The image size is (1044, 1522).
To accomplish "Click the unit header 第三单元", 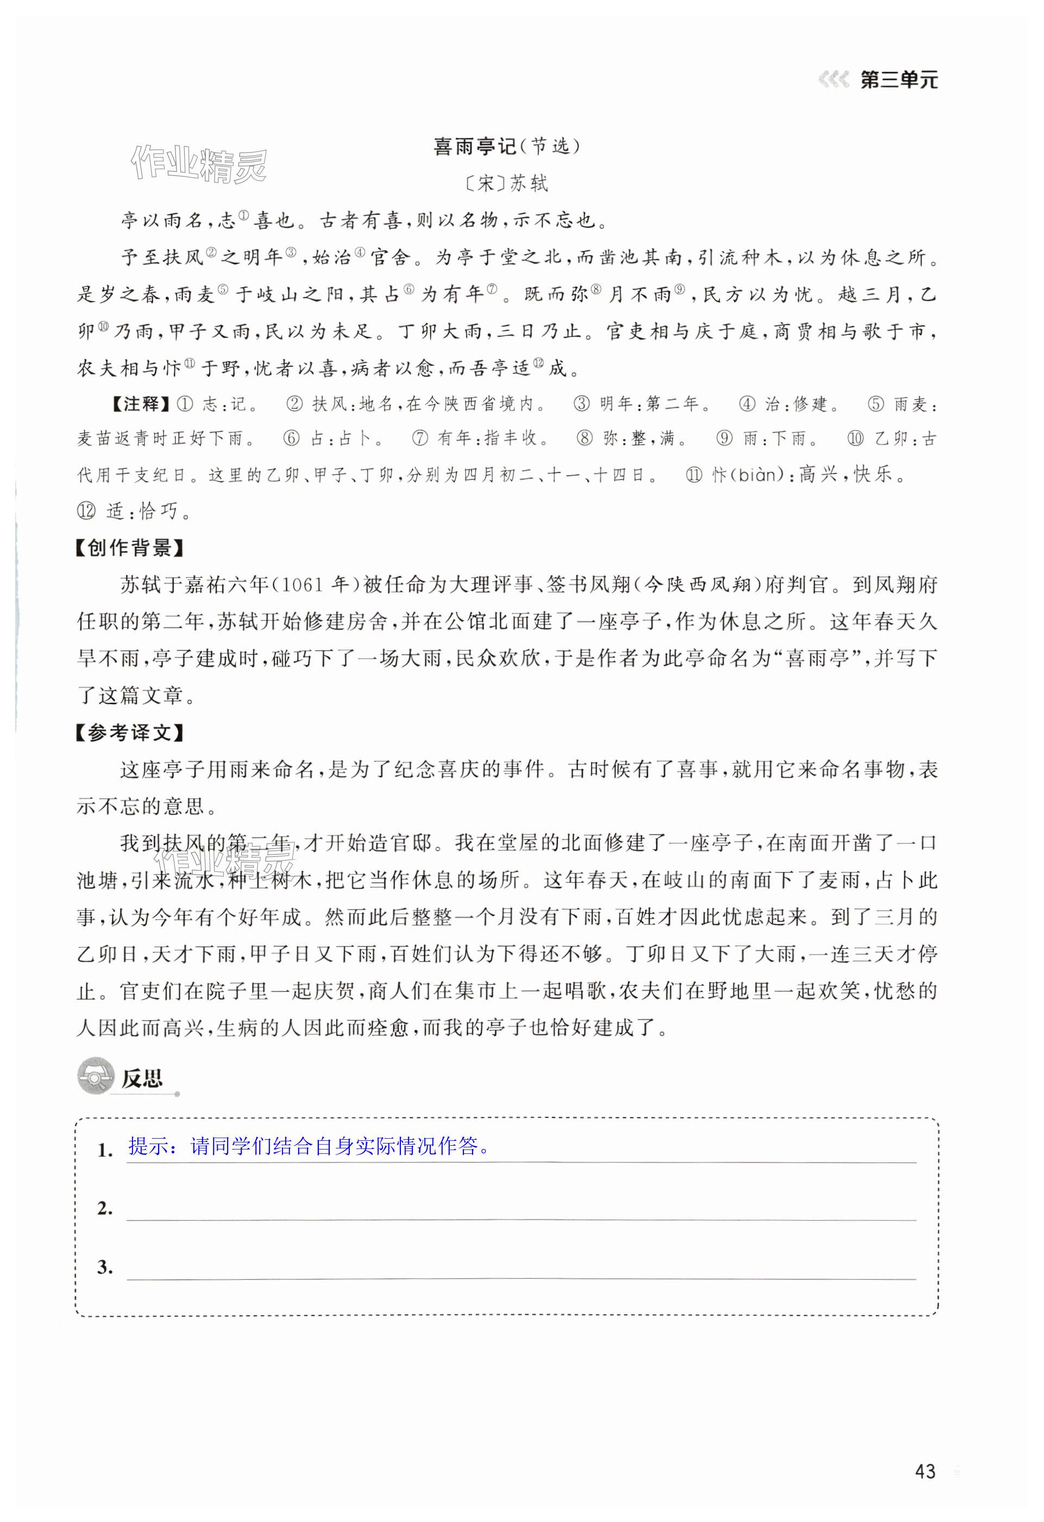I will pyautogui.click(x=898, y=80).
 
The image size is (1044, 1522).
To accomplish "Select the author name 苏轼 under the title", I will pyautogui.click(x=529, y=184).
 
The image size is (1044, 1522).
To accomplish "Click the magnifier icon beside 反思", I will pyautogui.click(x=95, y=1077).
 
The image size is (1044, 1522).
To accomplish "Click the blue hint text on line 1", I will pyautogui.click(x=309, y=1146).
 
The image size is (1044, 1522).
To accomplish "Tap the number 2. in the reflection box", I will pyautogui.click(x=105, y=1208).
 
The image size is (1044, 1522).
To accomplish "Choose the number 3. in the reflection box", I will pyautogui.click(x=105, y=1267).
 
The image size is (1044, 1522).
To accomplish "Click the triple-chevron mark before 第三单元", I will pyautogui.click(x=833, y=80).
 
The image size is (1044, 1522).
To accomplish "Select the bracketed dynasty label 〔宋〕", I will pyautogui.click(x=485, y=184).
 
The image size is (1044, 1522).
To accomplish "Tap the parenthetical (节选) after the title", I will pyautogui.click(x=549, y=147).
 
